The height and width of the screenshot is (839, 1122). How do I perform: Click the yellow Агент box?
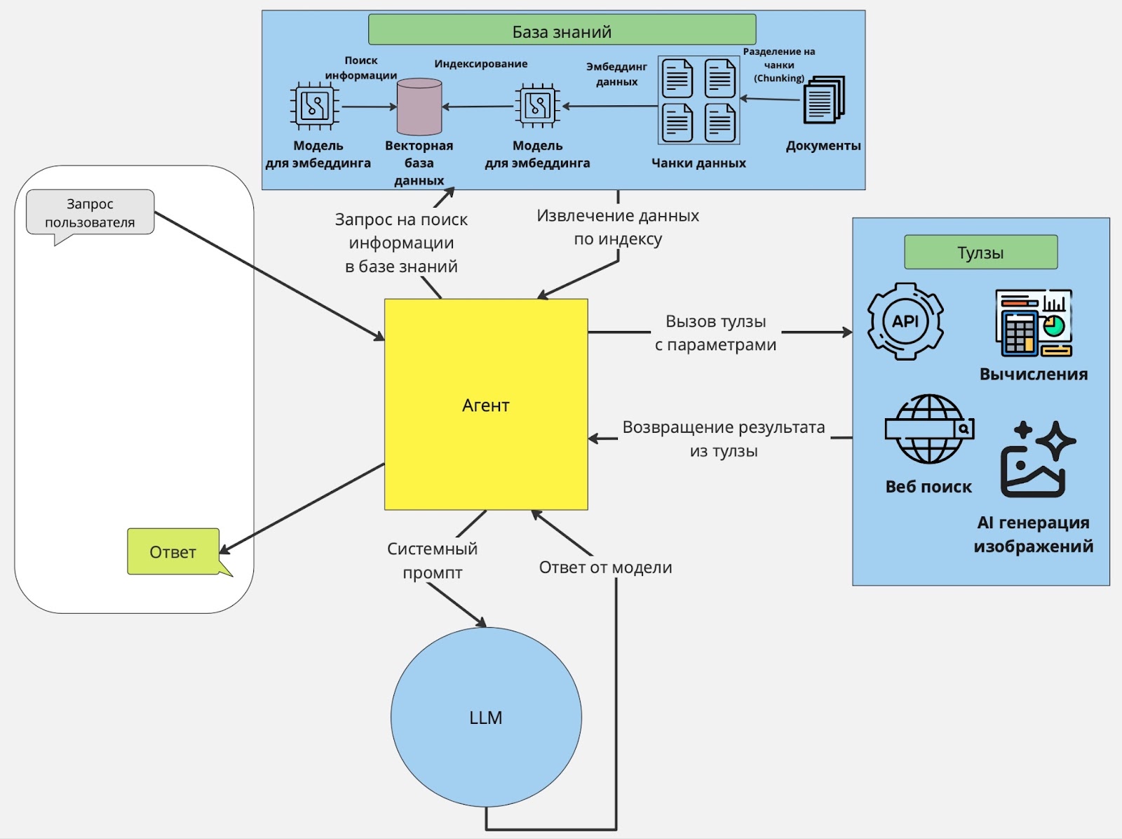pos(486,405)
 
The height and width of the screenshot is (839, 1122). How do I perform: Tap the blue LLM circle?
pos(486,717)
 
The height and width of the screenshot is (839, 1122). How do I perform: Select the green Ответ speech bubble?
pos(173,551)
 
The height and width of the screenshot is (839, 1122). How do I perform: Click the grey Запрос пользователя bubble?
pos(90,213)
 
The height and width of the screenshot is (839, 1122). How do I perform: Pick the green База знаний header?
pos(562,30)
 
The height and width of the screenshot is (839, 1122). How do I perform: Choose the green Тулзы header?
pos(980,252)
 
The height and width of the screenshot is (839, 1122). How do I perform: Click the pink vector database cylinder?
pos(419,107)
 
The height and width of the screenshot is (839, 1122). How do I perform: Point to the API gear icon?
pos(905,321)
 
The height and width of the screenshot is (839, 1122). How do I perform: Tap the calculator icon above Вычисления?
pos(1034,323)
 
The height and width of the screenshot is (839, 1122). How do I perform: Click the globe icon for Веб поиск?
pos(929,429)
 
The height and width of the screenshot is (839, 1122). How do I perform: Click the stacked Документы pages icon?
pos(824,100)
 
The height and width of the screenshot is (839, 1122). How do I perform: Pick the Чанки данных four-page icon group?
pos(698,100)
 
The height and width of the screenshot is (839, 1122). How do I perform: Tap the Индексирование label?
pos(480,64)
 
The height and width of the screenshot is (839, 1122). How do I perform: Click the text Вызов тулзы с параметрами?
pos(715,333)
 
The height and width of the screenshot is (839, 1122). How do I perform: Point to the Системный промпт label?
pos(432,560)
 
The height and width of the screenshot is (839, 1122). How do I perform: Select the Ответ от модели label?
pos(605,567)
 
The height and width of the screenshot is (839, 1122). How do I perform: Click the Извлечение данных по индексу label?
pos(618,227)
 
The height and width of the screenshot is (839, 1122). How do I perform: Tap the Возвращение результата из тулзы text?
pos(723,438)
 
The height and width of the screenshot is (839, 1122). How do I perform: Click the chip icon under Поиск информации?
pos(315,107)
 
